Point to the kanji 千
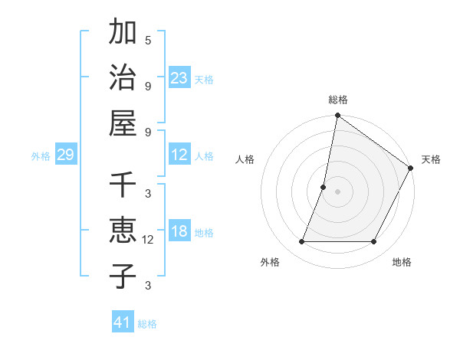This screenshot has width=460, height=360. tap(122, 185)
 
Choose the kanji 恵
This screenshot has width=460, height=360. tap(122, 231)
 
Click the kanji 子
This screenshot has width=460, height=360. tap(122, 277)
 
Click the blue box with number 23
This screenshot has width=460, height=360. tap(179, 78)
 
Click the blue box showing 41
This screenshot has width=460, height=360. tap(123, 322)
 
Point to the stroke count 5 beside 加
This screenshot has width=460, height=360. tap(148, 40)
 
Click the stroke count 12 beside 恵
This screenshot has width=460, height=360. tap(148, 240)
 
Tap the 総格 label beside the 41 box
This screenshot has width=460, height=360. tap(147, 324)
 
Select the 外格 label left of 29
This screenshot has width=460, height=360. tap(41, 156)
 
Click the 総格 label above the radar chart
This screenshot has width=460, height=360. tap(337, 100)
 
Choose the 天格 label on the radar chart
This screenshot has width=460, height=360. tap(431, 159)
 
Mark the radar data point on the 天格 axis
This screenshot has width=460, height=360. tap(411, 169)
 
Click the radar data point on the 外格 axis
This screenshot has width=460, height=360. tap(301, 242)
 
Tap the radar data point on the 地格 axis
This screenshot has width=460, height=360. tap(374, 242)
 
